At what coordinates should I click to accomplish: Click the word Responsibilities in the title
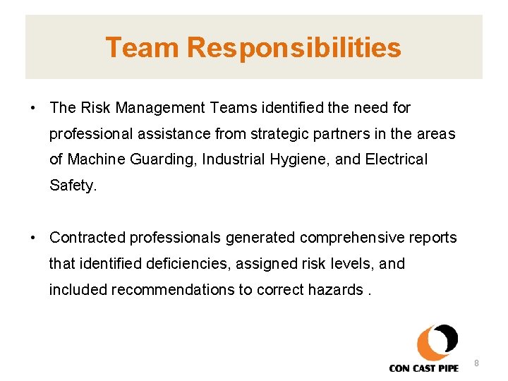294,48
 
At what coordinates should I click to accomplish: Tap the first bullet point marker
33,108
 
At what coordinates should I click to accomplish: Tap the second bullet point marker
33,238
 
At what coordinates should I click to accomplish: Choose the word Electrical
397,159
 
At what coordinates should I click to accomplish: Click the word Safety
72,186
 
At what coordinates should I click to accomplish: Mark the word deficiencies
183,264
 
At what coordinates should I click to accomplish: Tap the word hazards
335,289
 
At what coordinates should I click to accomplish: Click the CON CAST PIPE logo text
423,368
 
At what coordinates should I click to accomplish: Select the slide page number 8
476,363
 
